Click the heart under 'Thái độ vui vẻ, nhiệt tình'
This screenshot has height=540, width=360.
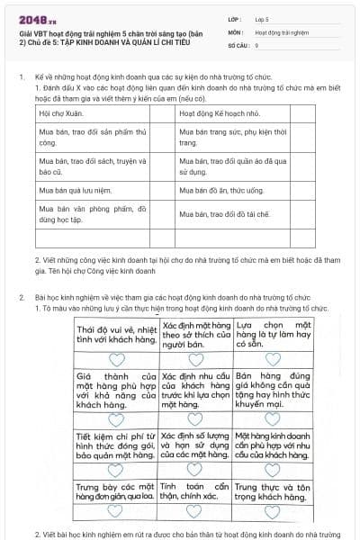point(117,357)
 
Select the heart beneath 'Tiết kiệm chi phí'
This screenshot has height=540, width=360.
point(117,468)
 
